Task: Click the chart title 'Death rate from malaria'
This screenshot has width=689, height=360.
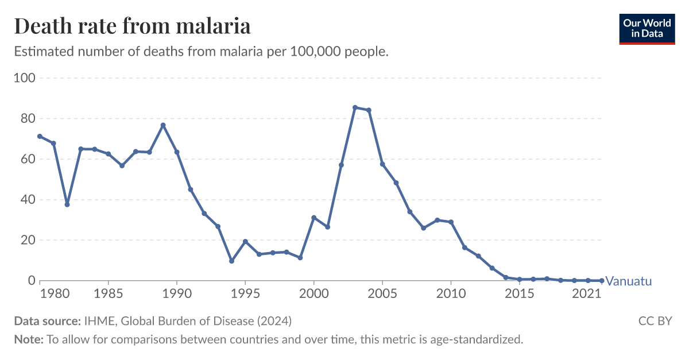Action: click(132, 26)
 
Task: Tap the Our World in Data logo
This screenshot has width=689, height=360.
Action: click(647, 28)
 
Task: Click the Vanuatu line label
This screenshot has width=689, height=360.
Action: click(629, 281)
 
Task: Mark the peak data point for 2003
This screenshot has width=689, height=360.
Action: click(355, 107)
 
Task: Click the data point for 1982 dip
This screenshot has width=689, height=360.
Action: click(67, 204)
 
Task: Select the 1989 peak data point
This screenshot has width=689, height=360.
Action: click(163, 125)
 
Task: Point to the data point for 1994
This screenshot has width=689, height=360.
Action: click(231, 261)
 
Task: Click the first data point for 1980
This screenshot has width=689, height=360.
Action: click(40, 136)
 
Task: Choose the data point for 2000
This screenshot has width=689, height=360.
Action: click(313, 218)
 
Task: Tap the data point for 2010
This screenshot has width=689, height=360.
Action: click(451, 222)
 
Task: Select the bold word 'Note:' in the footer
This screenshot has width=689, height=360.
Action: click(29, 339)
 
